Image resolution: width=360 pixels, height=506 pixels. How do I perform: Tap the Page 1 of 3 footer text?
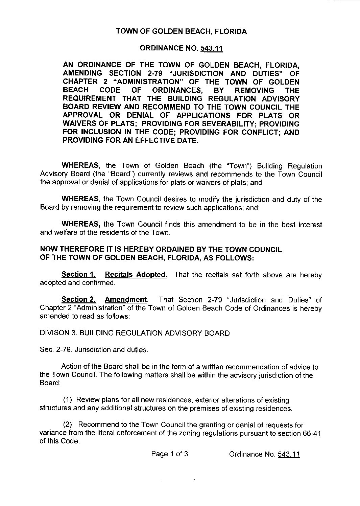click(170, 454)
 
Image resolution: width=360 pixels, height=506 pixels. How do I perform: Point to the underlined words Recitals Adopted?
click(136, 275)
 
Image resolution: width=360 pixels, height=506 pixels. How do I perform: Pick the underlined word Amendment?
click(126, 300)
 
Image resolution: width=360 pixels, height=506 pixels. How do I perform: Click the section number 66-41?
click(310, 433)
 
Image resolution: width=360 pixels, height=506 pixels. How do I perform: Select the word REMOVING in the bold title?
click(254, 90)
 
